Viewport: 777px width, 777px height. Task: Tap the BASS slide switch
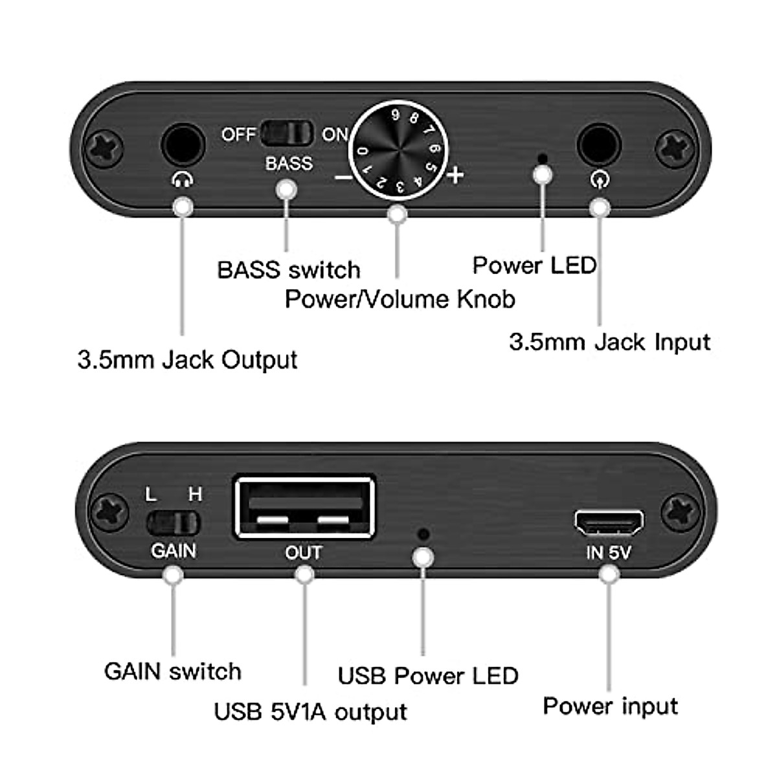pos(287,133)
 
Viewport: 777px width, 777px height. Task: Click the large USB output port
pos(304,508)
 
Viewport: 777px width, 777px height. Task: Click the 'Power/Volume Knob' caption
pos(400,298)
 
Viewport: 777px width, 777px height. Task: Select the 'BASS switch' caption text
pos(288,269)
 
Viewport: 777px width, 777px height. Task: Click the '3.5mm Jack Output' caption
pos(187,359)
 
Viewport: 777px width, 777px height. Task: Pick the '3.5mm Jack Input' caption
pos(609,341)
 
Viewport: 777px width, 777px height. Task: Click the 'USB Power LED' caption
pos(428,675)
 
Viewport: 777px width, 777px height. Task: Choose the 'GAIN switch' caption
pos(172,671)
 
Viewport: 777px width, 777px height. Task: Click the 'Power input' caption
pos(610,705)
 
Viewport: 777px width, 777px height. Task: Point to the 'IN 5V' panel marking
pos(608,552)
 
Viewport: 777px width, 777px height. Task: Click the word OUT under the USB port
pos(303,552)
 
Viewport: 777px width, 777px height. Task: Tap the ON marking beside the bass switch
pos(335,135)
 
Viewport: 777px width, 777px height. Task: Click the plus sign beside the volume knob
pos(455,174)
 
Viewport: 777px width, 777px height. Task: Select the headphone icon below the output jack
pos(182,179)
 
